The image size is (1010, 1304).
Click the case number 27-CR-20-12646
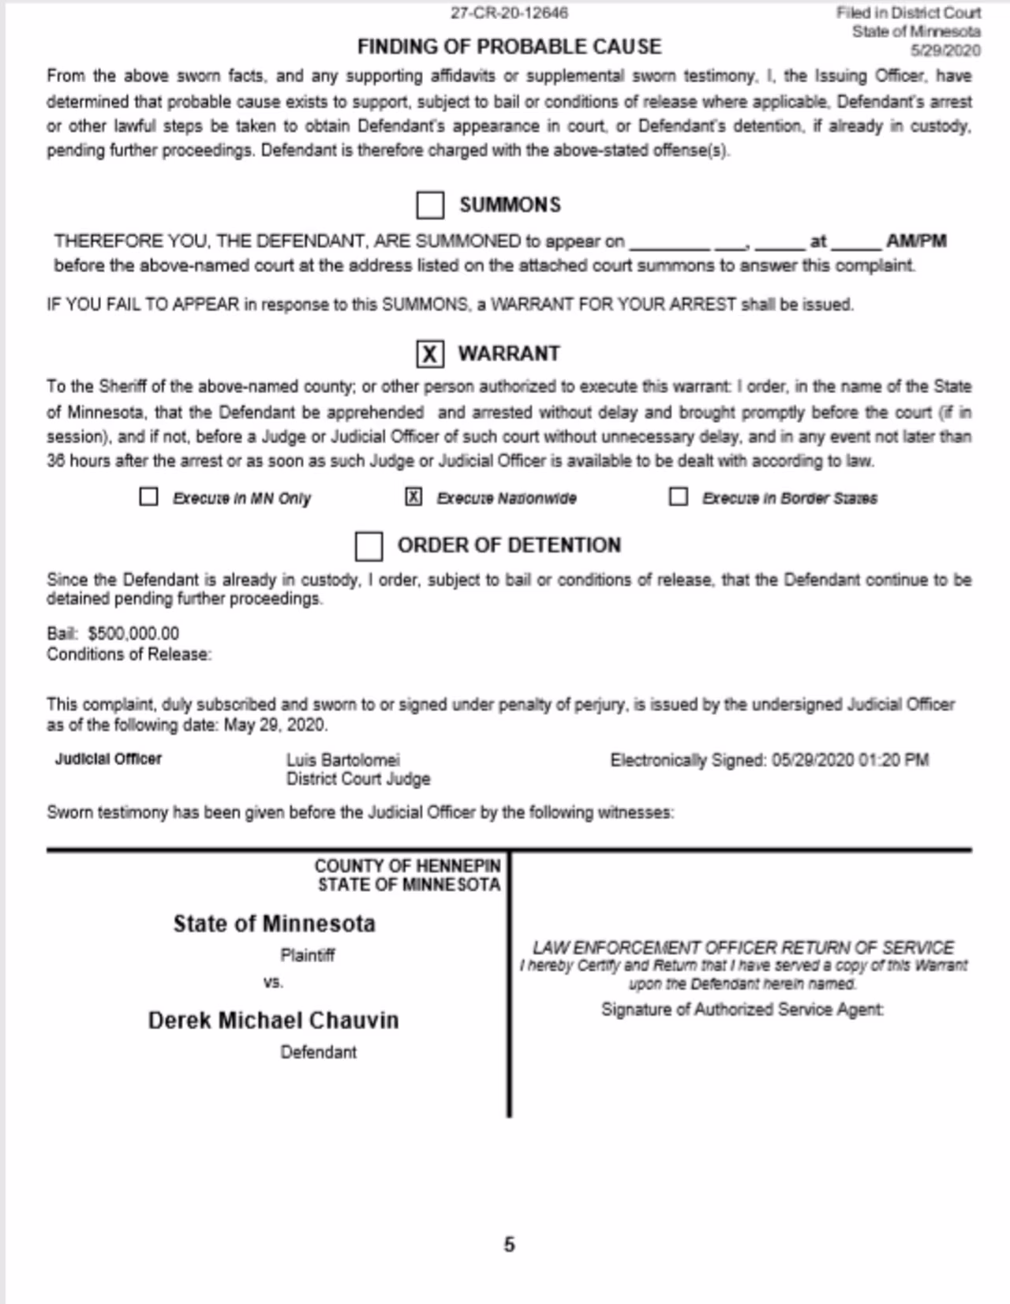tap(509, 13)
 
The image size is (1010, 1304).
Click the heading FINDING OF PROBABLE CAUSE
tap(509, 47)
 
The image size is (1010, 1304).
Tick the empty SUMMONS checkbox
tap(430, 205)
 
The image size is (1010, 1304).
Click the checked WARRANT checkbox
tap(430, 354)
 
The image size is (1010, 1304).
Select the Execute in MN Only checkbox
tap(148, 497)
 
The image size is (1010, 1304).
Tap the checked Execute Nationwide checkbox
tap(413, 497)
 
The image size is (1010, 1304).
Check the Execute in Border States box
tap(678, 497)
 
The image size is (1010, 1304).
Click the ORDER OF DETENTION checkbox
tap(368, 545)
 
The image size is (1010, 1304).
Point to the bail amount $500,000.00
tap(133, 634)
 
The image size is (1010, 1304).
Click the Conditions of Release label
tap(129, 654)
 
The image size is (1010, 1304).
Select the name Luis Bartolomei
tap(342, 760)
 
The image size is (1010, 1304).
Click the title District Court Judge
tap(357, 779)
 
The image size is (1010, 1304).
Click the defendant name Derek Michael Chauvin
tap(273, 1021)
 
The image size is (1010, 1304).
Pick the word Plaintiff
tap(307, 955)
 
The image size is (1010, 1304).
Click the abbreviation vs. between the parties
tap(273, 983)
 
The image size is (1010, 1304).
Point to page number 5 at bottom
tap(509, 1245)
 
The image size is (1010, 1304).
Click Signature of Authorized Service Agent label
tap(742, 1010)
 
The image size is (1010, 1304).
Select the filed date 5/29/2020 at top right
tap(945, 51)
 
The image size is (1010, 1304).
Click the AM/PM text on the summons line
tap(915, 242)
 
